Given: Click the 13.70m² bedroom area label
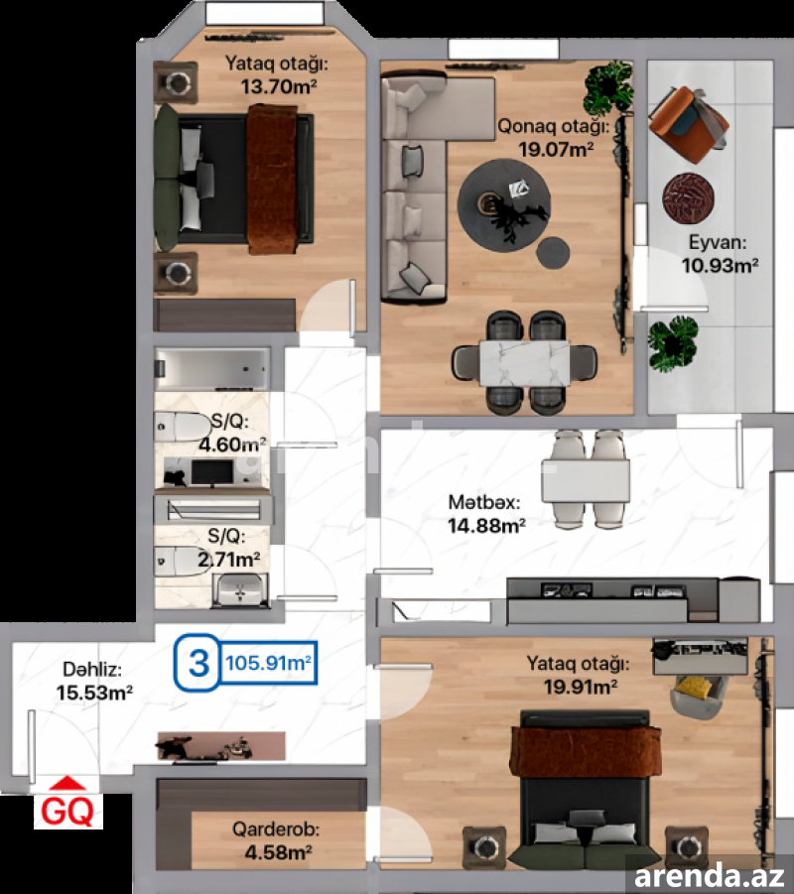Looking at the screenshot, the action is (278, 87).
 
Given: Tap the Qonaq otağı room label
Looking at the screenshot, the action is (553, 126).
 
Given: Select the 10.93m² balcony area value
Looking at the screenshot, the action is (720, 266).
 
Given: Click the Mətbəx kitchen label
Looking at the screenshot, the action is (484, 502).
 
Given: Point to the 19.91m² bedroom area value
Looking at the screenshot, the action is (580, 687).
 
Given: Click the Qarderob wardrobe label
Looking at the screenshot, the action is (276, 830).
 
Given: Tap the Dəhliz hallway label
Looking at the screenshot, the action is (92, 670).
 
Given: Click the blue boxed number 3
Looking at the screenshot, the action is (198, 663).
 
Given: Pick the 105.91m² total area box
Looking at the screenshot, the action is (268, 663).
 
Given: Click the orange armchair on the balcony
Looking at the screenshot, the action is (688, 124).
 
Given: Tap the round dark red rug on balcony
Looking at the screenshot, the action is (689, 197).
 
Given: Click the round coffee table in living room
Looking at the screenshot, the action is (504, 204).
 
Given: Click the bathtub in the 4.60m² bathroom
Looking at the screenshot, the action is (212, 368).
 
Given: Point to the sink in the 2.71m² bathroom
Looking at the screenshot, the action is (240, 590).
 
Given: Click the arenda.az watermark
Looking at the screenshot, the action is (709, 876).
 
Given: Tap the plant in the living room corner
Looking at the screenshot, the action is (608, 88).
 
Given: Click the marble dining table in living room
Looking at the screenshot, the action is (525, 362).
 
